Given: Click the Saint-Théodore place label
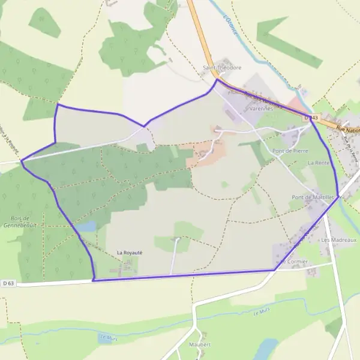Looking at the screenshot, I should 222,68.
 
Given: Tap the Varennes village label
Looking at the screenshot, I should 261,109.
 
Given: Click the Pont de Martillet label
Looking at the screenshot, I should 313,197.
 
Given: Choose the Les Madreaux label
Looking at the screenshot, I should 339,239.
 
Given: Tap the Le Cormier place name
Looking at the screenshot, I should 294,262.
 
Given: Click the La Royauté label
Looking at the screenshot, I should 129,253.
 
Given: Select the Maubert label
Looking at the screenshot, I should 200,344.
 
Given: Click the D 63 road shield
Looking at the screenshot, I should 8,283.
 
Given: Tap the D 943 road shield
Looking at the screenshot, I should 310,118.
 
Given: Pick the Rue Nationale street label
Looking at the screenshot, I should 348,129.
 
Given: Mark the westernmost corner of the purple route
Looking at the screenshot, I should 22,161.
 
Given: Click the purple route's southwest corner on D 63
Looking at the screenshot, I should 94,280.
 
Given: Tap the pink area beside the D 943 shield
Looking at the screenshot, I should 298,105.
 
